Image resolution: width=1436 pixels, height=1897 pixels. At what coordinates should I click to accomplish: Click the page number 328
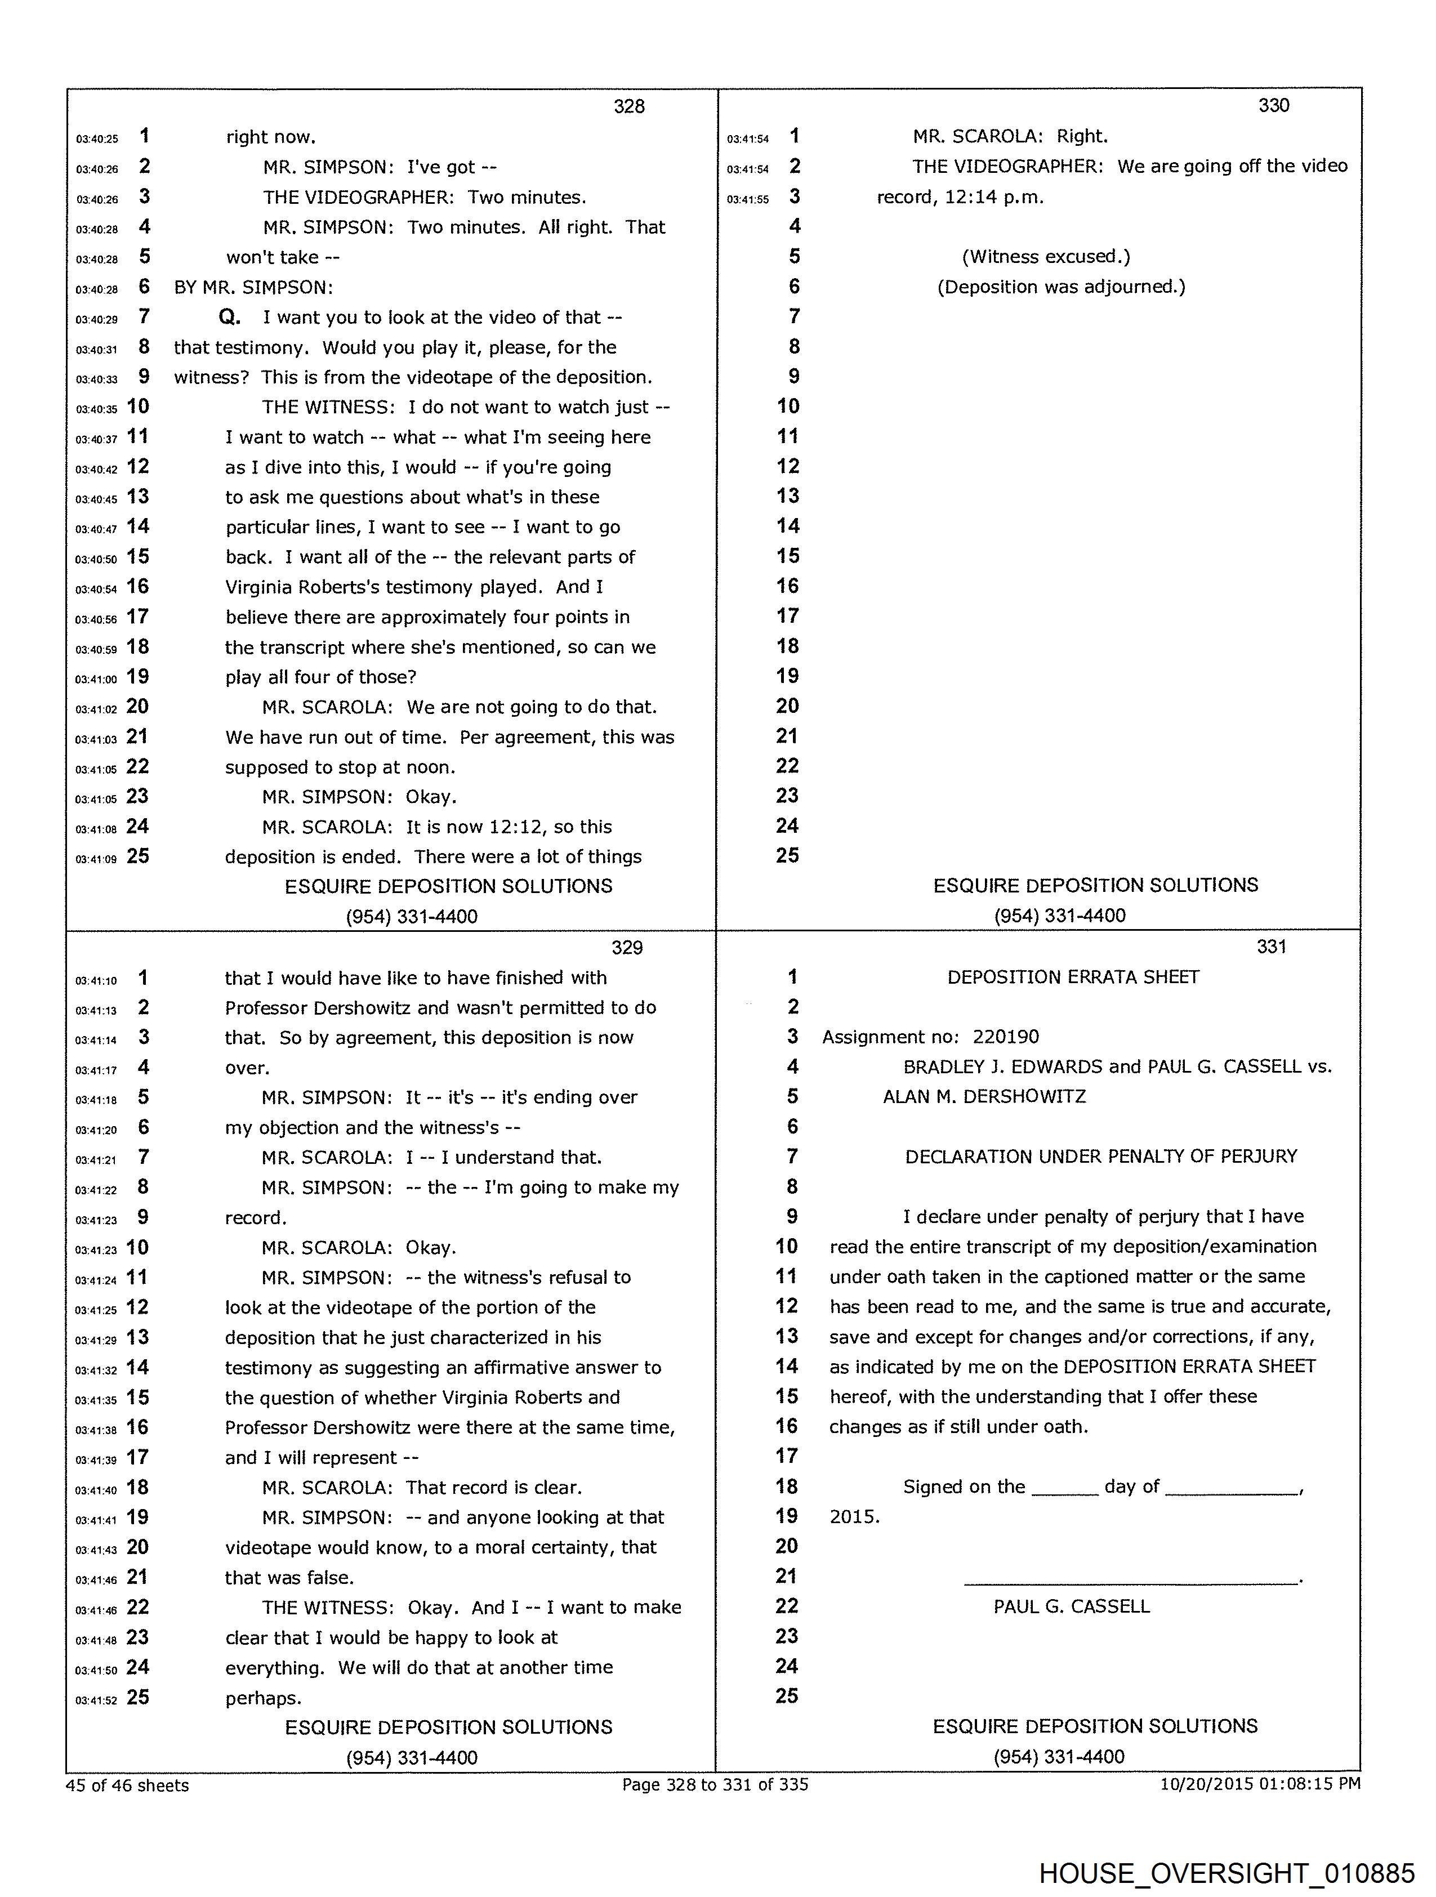[629, 106]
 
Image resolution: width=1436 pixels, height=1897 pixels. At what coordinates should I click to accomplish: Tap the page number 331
[1272, 946]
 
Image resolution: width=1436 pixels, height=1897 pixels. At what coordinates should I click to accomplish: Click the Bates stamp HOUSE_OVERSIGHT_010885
[1226, 1873]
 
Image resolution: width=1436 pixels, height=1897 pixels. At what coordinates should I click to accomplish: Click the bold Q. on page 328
[230, 318]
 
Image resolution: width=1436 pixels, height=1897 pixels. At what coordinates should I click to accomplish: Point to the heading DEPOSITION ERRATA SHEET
[1073, 977]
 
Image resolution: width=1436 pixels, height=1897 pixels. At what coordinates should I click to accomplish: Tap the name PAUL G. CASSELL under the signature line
[1072, 1606]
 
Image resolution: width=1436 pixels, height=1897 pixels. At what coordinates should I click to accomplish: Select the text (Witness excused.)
[1046, 256]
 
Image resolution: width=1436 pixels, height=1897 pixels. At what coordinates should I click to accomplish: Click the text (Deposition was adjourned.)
[1061, 287]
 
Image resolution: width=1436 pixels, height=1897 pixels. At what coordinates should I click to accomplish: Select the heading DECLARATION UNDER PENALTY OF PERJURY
[1100, 1156]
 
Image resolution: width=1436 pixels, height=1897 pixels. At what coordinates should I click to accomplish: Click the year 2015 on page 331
[854, 1516]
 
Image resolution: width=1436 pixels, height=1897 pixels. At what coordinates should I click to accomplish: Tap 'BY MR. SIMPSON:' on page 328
[253, 287]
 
